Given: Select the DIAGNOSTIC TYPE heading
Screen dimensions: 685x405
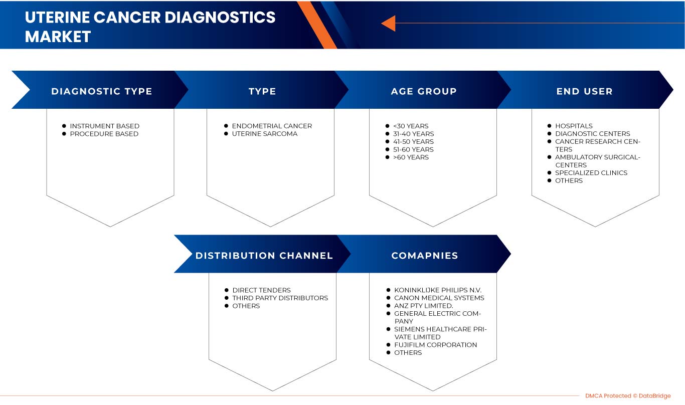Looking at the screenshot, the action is click(x=101, y=91).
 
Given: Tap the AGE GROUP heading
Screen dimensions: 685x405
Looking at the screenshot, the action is click(x=424, y=91).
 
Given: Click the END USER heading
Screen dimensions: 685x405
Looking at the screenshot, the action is click(x=584, y=91).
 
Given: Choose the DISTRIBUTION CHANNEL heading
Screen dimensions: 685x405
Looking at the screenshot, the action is click(x=264, y=256).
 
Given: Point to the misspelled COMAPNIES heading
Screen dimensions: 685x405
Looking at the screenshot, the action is click(x=425, y=256).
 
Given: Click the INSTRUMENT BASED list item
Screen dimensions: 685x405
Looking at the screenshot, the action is click(x=105, y=126).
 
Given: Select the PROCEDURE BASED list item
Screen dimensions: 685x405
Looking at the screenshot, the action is click(x=104, y=134).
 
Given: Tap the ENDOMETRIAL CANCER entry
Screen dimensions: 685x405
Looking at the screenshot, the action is click(x=272, y=126).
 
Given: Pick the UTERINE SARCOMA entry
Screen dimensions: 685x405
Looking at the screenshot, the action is click(x=264, y=134).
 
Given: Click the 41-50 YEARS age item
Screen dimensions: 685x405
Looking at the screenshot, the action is click(x=413, y=141).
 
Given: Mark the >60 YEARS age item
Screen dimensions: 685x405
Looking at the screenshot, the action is click(x=411, y=157).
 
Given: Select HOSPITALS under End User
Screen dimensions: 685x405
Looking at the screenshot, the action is click(x=574, y=126).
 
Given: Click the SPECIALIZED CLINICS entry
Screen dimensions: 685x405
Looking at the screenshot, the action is click(x=591, y=173).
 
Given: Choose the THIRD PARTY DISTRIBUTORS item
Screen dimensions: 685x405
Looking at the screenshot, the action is click(x=280, y=298).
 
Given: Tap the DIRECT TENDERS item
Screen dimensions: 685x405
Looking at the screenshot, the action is click(x=261, y=290).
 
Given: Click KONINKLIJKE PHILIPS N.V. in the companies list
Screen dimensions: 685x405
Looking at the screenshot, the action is click(x=438, y=290).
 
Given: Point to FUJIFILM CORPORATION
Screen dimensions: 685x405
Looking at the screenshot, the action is click(x=435, y=345).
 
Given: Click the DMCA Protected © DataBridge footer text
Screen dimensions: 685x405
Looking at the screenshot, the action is click(x=628, y=396).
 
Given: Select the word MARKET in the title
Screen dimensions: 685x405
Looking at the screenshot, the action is click(x=58, y=37).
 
